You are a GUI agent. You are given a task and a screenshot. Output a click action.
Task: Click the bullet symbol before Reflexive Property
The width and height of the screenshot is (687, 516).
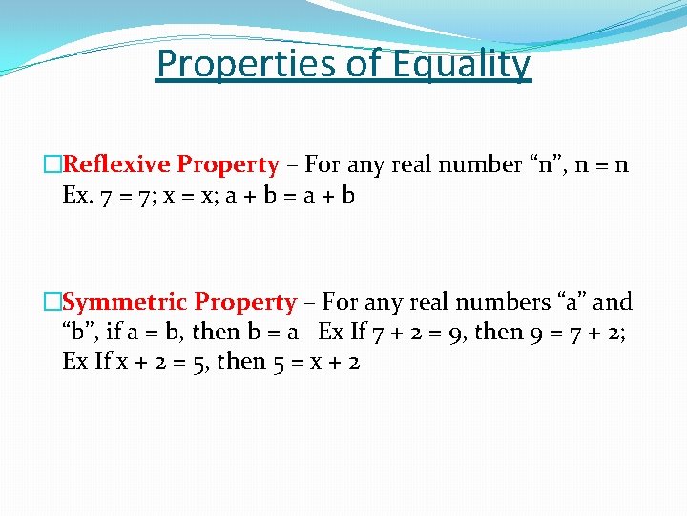(52, 165)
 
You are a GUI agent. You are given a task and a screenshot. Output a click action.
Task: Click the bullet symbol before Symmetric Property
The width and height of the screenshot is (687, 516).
(52, 303)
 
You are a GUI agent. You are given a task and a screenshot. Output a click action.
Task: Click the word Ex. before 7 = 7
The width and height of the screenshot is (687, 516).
(78, 195)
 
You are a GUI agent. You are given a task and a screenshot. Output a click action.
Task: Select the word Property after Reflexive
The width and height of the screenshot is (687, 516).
(228, 165)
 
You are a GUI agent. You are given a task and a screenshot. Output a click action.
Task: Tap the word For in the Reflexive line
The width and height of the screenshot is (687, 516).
(323, 164)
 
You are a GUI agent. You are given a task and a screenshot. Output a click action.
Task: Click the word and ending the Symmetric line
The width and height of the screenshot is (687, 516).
(613, 302)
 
